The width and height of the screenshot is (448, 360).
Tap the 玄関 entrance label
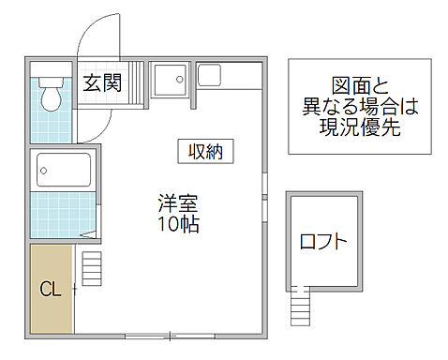click(100, 83)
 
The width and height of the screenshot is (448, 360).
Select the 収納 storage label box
click(205, 151)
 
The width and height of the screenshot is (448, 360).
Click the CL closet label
click(50, 289)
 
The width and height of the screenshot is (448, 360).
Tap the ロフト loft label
click(323, 242)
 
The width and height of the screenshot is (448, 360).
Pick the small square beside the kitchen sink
click(208, 73)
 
